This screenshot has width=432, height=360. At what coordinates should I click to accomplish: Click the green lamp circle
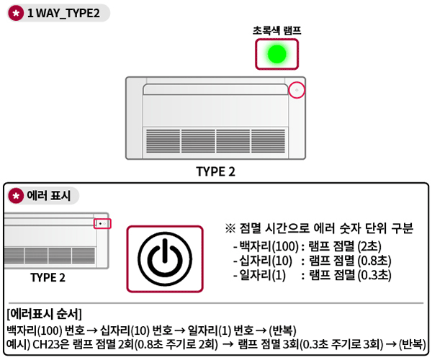tap(276, 53)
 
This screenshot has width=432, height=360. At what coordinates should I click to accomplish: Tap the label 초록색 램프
tap(276, 31)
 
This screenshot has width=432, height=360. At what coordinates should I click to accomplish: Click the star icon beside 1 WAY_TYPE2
tap(16, 15)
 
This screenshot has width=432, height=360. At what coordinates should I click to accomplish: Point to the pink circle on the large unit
tap(297, 90)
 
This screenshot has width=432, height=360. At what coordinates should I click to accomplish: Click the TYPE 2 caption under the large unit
tap(215, 171)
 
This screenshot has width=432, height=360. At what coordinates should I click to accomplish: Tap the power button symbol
tap(165, 258)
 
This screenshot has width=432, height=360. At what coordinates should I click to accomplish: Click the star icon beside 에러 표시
tap(16, 195)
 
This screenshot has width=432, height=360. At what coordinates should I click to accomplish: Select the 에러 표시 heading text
tap(49, 195)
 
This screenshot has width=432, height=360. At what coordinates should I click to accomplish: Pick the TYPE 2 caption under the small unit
tap(48, 277)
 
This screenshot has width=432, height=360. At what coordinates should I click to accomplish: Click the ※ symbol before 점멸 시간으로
tap(230, 229)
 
